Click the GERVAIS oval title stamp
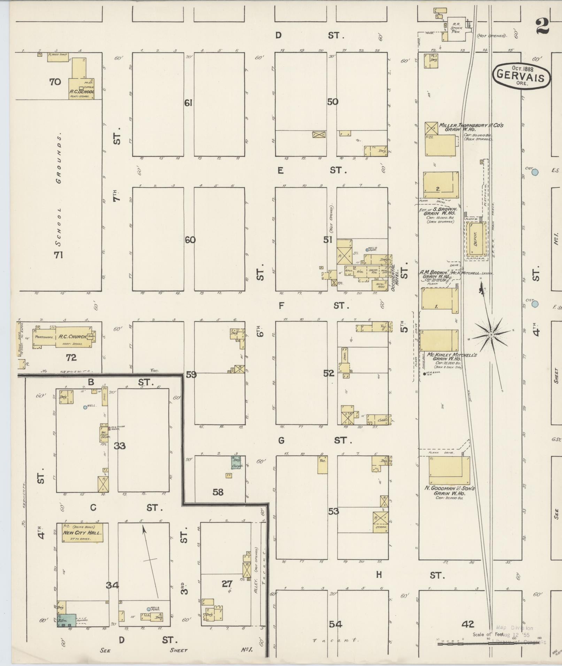tap(521, 76)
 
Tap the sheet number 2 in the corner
tap(543, 26)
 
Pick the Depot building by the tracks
tap(476, 240)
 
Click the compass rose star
tap(491, 335)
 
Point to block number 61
tap(188, 103)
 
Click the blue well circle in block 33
tap(85, 407)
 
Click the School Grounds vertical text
tap(60, 190)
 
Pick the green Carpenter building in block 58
tap(237, 462)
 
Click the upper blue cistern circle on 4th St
tap(535, 172)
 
